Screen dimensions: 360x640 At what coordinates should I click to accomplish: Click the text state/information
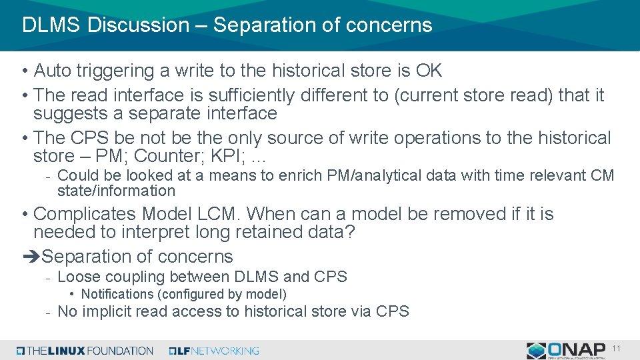[116, 191]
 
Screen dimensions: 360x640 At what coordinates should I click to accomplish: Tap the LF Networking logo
[214, 351]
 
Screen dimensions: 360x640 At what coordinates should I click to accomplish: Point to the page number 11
[616, 349]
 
